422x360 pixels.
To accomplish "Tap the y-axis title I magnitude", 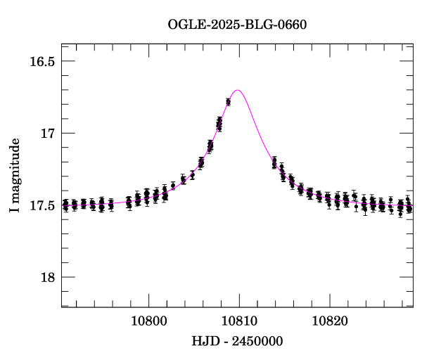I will [14, 175].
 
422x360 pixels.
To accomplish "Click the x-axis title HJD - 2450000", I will [237, 341].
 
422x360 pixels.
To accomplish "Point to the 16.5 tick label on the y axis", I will [41, 61].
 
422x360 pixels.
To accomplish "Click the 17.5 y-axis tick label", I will [41, 205].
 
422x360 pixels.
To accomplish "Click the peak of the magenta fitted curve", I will [238, 90].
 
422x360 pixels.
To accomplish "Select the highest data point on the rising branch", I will [228, 102].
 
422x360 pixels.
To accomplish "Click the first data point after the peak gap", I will [274, 162].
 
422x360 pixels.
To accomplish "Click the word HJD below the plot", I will [204, 341].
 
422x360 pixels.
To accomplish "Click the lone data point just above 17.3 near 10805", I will [192, 175].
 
